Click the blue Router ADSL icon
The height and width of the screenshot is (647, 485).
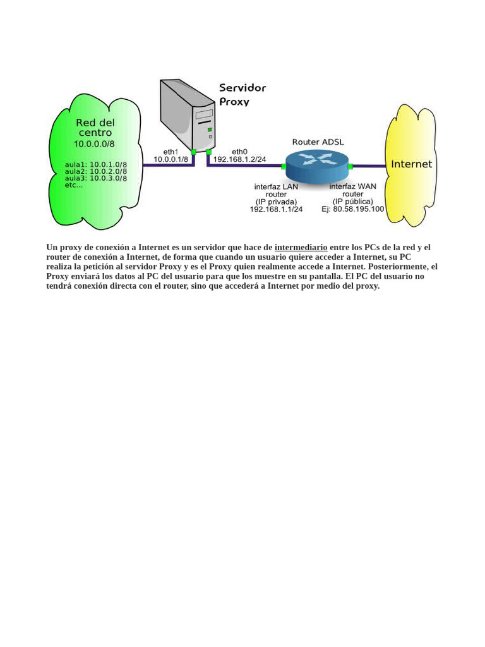pos(317,166)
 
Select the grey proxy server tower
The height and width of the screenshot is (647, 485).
pos(188,116)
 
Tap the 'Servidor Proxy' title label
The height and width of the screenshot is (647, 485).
pos(242,95)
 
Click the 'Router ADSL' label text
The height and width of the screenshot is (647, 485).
pos(318,142)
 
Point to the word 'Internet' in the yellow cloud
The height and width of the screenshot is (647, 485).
pos(411,164)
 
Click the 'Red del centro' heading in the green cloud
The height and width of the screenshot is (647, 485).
pos(95,128)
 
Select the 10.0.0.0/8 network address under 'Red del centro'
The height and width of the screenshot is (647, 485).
pos(94,144)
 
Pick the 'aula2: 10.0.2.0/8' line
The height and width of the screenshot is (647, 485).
pos(96,171)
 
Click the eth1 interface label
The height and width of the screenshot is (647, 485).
pos(171,152)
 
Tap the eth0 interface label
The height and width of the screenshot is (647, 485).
pos(239,152)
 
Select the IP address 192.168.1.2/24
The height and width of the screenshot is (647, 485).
pos(239,159)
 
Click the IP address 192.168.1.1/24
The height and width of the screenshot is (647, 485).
pos(276,209)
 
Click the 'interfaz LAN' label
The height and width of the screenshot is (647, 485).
pos(276,186)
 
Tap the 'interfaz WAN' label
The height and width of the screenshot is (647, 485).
pos(352,186)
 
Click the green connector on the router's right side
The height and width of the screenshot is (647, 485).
pos(350,166)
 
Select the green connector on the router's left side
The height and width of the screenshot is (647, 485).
pos(284,166)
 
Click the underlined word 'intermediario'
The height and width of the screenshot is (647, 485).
pos(301,248)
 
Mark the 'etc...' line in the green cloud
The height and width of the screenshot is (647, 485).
pos(74,185)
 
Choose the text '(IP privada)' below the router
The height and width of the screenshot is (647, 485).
pos(276,202)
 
